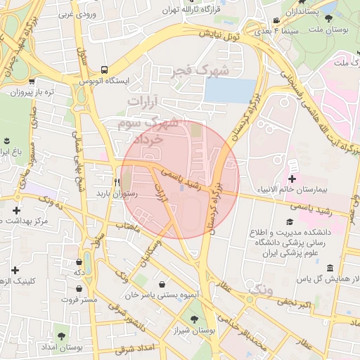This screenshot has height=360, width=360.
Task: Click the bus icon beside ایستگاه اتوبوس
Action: pyautogui.click(x=104, y=70)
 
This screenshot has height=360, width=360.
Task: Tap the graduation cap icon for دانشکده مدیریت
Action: pyautogui.click(x=288, y=222)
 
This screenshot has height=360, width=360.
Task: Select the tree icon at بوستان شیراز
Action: pyautogui.click(x=202, y=317)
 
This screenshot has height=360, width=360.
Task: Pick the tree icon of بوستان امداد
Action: pyautogui.click(x=63, y=336)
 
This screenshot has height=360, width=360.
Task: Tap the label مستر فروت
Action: pyautogui.click(x=79, y=300)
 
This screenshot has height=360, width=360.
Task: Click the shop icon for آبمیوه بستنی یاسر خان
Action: pyautogui.click(x=163, y=284)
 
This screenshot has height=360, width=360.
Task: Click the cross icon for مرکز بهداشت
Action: pyautogui.click(x=16, y=210)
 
